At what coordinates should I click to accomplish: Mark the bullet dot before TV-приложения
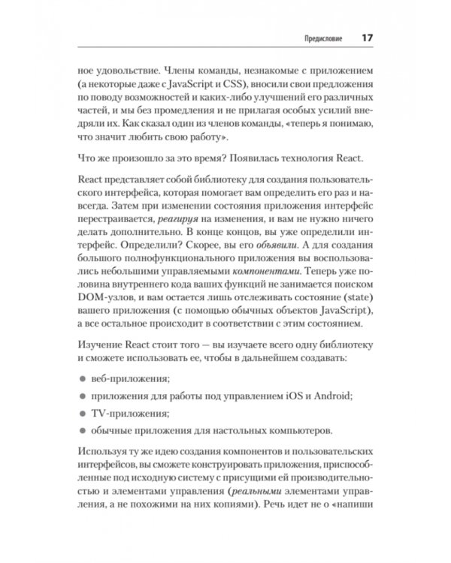point(83,412)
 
